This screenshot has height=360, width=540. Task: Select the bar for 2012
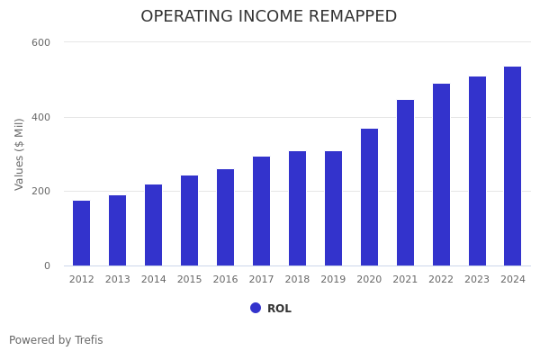pyautogui.click(x=81, y=233)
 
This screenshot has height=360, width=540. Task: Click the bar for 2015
pyautogui.click(x=189, y=220)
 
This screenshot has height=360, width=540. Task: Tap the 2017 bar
pyautogui.click(x=261, y=211)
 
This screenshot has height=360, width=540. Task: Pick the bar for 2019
pyautogui.click(x=333, y=209)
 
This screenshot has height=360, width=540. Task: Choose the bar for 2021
pyautogui.click(x=405, y=183)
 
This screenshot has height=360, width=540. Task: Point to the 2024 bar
pyautogui.click(x=512, y=166)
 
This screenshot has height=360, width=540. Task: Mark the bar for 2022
pyautogui.click(x=441, y=175)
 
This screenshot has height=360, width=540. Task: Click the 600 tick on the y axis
pyautogui.click(x=40, y=42)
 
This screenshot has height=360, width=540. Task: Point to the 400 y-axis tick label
pyautogui.click(x=40, y=117)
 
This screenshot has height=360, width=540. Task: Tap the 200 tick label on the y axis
pyautogui.click(x=40, y=192)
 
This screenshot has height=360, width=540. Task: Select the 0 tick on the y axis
pyautogui.click(x=47, y=265)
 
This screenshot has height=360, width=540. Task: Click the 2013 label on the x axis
pyautogui.click(x=117, y=280)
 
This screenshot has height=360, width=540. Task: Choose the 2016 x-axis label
pyautogui.click(x=225, y=280)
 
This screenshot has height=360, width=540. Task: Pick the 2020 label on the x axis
pyautogui.click(x=369, y=280)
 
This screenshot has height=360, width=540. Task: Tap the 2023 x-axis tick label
pyautogui.click(x=477, y=280)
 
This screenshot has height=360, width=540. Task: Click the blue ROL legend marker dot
pyautogui.click(x=256, y=308)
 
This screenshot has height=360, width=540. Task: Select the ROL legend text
pyautogui.click(x=279, y=309)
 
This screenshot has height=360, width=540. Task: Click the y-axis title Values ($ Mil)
pyautogui.click(x=20, y=154)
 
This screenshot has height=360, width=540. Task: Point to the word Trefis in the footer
pyautogui.click(x=87, y=340)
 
